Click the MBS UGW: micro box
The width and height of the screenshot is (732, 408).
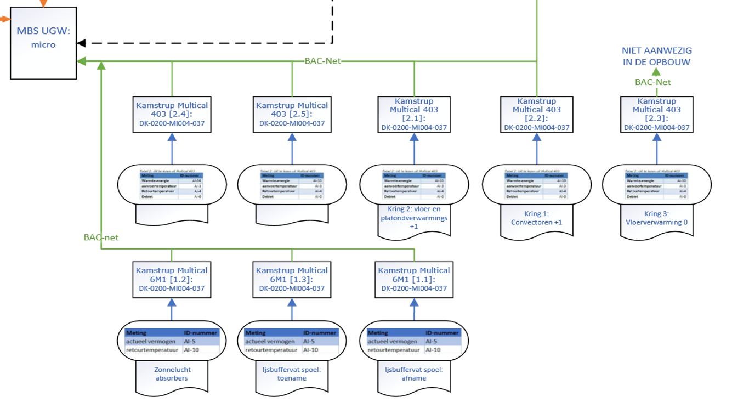(43, 43)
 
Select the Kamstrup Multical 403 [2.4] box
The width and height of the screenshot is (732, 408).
(172, 114)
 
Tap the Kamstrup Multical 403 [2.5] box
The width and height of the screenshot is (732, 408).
(292, 114)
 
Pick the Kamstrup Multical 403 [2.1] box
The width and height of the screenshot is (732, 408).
(414, 114)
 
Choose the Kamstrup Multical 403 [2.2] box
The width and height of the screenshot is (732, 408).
(536, 114)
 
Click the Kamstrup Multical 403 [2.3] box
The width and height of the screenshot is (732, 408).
(656, 114)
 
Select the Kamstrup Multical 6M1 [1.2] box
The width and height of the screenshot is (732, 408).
(172, 279)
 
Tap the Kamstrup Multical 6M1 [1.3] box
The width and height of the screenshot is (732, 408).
(292, 279)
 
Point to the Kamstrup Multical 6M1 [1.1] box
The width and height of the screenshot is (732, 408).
(414, 279)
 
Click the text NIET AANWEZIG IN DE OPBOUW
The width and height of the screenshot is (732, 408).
(656, 56)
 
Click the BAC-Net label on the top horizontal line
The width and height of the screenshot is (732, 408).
(322, 61)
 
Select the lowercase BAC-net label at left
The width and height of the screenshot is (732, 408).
(101, 237)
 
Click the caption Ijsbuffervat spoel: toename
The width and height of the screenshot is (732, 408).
(291, 374)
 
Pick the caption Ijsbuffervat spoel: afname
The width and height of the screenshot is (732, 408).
(414, 374)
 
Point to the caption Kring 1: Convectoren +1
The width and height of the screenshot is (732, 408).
(536, 218)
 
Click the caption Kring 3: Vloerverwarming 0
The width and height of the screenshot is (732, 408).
(656, 218)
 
